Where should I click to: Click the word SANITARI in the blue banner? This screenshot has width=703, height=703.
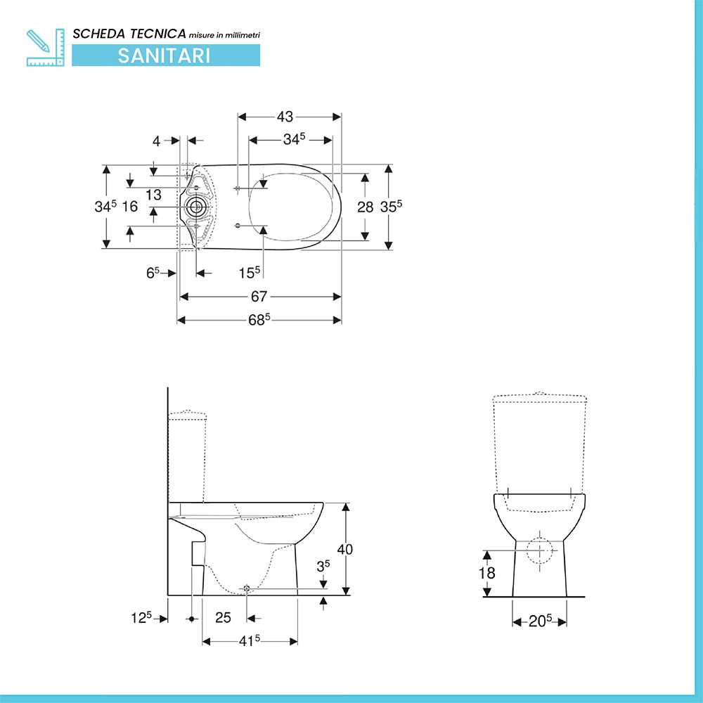pos(164,56)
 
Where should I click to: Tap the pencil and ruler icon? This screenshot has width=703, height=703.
pos(45,48)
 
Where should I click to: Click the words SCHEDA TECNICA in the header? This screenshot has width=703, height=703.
pos(129,34)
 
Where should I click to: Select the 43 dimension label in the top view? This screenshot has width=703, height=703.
pos(285,117)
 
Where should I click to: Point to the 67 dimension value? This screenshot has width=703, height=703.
pos(259,297)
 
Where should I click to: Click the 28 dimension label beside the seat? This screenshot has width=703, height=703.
pos(365,207)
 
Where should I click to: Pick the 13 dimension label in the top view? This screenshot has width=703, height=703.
pos(153,195)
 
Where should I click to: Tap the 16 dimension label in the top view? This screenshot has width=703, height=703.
pos(129,206)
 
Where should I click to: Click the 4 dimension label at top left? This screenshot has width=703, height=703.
pos(156,141)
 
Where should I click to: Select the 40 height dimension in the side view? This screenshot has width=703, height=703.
pos(344,549)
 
